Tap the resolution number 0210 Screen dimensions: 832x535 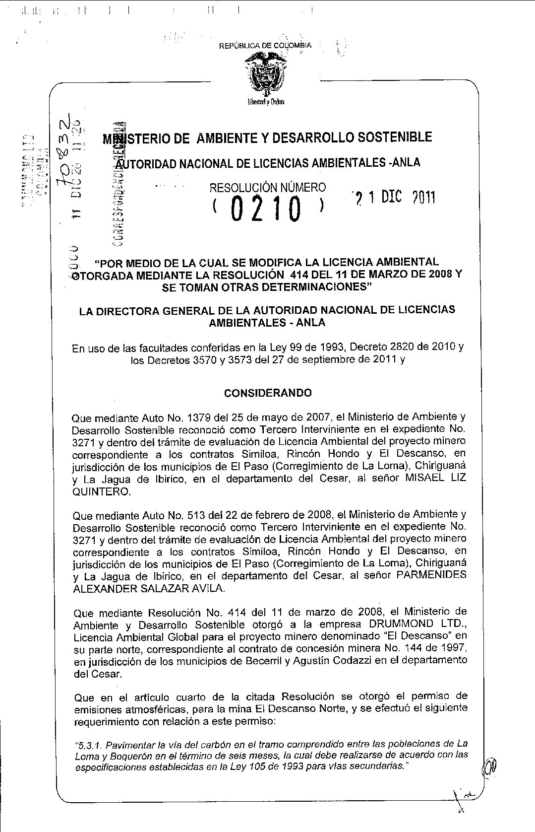(266, 209)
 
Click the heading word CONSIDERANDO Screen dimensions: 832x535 (268, 393)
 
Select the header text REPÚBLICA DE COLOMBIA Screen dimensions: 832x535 (265, 46)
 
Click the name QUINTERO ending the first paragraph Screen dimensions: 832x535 (102, 492)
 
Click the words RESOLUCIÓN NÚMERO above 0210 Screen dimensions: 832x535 (268, 187)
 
